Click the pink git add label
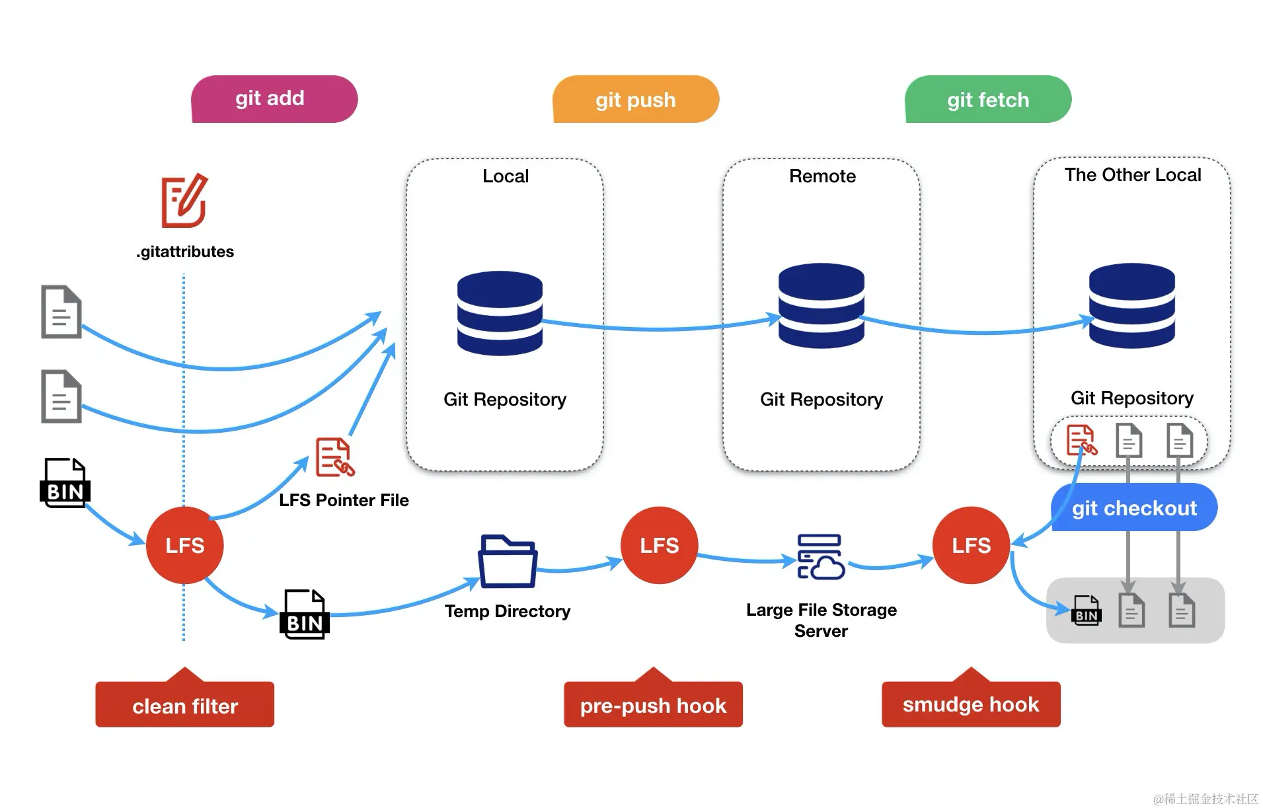point(274,99)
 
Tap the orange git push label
point(635,100)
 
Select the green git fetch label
point(987,100)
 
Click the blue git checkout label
point(1133,507)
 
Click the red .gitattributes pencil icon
point(184,201)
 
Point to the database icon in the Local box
point(500,313)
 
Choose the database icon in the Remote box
point(821,305)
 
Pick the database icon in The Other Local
point(1131,305)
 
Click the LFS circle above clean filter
point(184,545)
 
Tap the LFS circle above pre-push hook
point(659,545)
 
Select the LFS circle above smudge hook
point(971,545)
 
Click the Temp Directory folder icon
point(507,561)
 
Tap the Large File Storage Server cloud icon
point(820,557)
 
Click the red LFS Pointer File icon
point(334,457)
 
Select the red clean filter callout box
point(184,704)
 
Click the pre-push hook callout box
point(653,704)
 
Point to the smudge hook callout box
point(970,704)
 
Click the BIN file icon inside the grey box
point(1086,610)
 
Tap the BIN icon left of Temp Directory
point(304,614)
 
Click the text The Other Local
point(1132,174)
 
